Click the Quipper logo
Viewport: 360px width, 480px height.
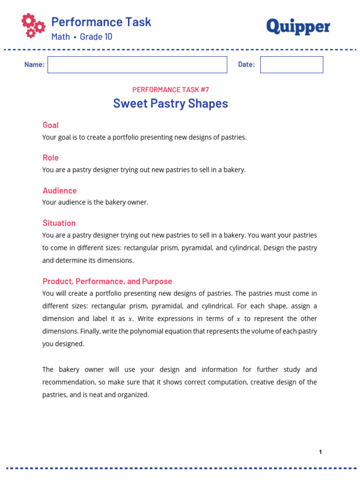pos(298,27)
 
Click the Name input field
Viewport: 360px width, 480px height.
pos(137,65)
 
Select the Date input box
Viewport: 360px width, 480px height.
pos(292,65)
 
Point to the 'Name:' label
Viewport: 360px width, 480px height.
pos(34,65)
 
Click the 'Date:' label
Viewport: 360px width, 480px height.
pos(246,65)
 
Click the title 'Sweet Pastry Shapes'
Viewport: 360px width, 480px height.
pos(170,103)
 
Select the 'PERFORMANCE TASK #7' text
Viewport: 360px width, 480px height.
pos(170,90)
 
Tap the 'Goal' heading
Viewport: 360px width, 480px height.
pos(51,125)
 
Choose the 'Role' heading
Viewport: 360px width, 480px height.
pos(51,158)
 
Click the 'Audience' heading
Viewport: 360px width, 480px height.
pos(60,191)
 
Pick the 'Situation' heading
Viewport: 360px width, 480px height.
pos(59,223)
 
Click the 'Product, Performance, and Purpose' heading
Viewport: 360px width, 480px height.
pos(107,281)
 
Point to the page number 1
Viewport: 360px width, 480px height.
pos(320,452)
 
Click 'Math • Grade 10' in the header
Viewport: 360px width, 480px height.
pos(82,37)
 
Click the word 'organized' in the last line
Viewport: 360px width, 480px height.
pos(134,395)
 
